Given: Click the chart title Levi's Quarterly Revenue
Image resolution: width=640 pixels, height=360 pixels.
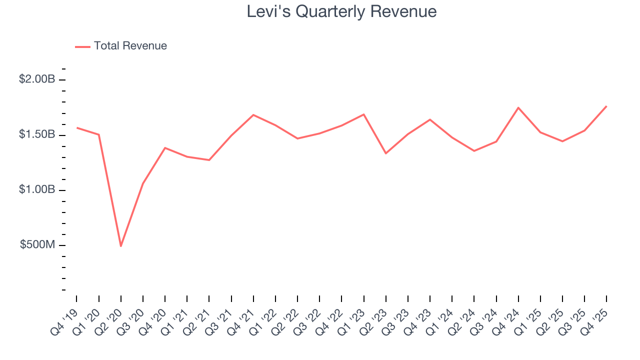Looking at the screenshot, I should (x=341, y=11).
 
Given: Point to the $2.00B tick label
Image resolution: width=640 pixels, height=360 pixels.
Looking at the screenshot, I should (x=36, y=79).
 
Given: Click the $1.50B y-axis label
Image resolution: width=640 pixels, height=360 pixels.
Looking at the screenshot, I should (x=36, y=134).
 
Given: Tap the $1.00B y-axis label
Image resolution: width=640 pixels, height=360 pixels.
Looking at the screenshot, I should (x=36, y=190).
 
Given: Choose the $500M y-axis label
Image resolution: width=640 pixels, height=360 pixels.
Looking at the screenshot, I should (x=37, y=245).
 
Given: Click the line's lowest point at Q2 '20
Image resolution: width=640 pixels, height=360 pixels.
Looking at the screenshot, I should (x=121, y=246).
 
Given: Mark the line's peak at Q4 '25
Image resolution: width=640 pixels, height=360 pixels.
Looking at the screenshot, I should (x=606, y=106).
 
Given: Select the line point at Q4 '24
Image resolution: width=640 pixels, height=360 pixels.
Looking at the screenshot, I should (x=518, y=107).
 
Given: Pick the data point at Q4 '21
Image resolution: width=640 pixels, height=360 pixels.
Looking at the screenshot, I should (x=253, y=115).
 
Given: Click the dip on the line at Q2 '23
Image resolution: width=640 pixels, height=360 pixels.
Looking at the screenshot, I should (x=386, y=153).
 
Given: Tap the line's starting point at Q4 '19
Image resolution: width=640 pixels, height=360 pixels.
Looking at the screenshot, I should (x=77, y=127).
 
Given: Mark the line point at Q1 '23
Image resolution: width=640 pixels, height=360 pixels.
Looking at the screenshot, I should (x=364, y=114).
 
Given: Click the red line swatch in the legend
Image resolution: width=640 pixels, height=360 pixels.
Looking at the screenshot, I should (x=82, y=46).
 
